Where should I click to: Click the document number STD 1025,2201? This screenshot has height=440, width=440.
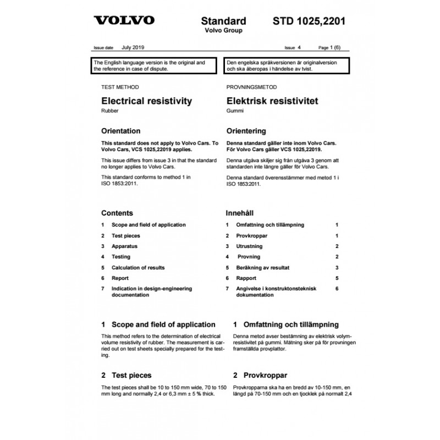point(309,21)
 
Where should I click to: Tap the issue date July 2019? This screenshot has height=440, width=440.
point(134,48)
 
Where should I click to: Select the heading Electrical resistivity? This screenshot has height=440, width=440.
point(146,101)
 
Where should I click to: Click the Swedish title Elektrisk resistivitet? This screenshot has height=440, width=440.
point(272,101)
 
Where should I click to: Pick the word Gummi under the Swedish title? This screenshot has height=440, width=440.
point(234,111)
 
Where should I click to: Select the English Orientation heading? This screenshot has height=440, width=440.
point(121,131)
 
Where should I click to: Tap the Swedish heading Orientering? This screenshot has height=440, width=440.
point(246,131)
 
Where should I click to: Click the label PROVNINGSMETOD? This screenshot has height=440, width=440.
point(251,87)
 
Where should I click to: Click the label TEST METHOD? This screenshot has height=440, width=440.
point(120,87)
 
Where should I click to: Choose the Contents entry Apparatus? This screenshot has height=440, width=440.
point(124,246)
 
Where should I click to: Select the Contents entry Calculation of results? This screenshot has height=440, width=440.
point(137,267)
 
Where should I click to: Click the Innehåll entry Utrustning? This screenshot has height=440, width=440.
point(249,246)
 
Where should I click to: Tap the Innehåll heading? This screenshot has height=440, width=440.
point(242,213)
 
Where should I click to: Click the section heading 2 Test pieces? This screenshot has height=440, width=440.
point(126,376)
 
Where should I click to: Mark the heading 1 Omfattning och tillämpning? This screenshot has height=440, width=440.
point(286,324)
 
